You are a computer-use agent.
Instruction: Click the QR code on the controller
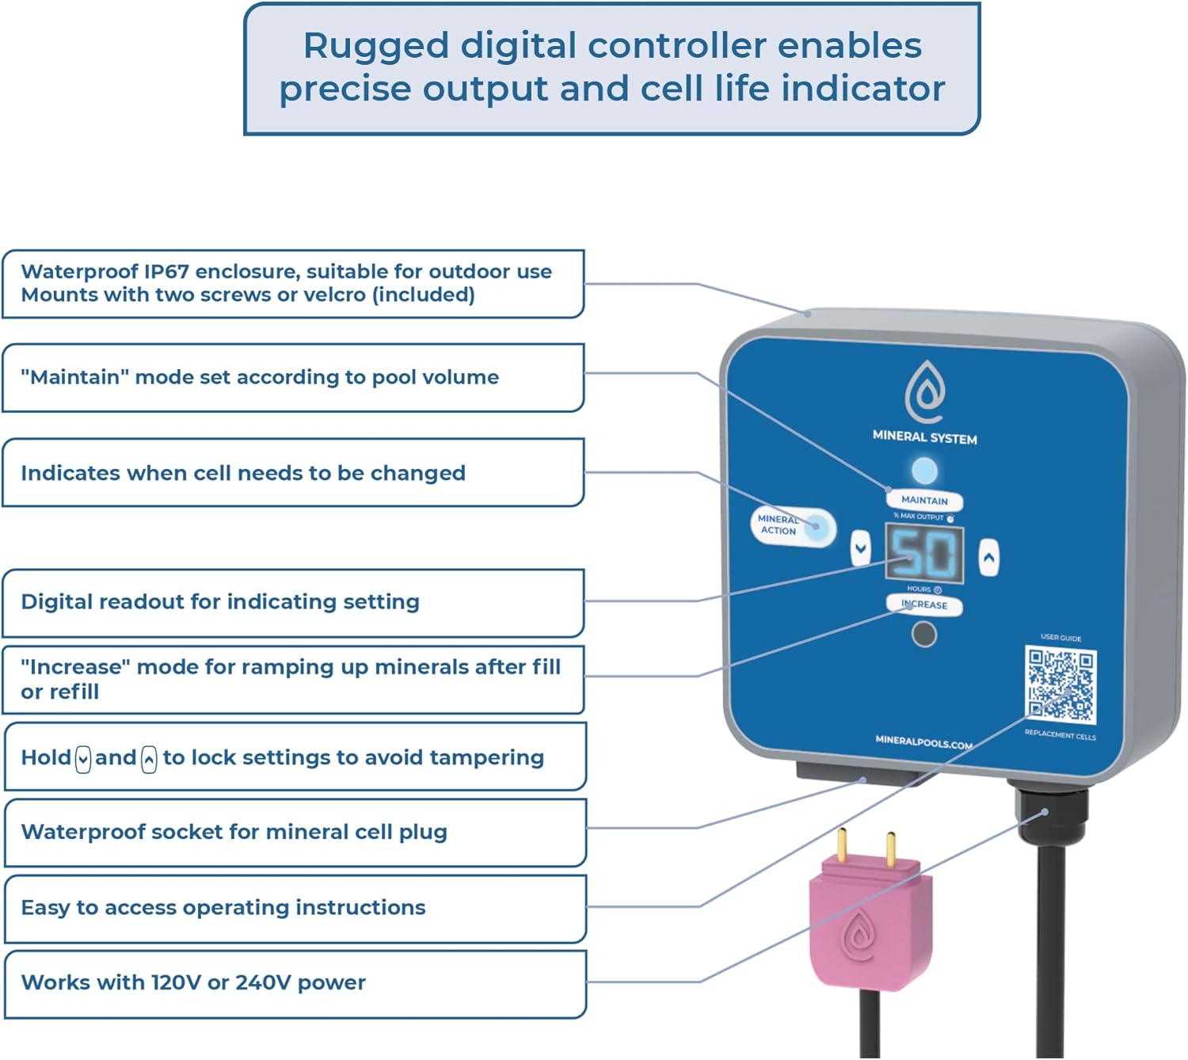pyautogui.click(x=1060, y=685)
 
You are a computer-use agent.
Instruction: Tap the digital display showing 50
pyautogui.click(x=924, y=552)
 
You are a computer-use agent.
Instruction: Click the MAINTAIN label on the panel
pyautogui.click(x=924, y=500)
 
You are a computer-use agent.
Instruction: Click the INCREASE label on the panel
pyautogui.click(x=924, y=604)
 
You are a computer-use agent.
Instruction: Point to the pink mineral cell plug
pyautogui.click(x=870, y=923)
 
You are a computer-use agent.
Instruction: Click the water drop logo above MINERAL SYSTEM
pyautogui.click(x=925, y=391)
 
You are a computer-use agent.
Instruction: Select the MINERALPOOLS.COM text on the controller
pyautogui.click(x=923, y=742)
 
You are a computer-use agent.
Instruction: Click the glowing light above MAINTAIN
pyautogui.click(x=924, y=471)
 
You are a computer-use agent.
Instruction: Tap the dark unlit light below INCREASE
pyautogui.click(x=924, y=635)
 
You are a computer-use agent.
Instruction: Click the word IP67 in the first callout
pyautogui.click(x=166, y=272)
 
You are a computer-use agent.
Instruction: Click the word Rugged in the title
pyautogui.click(x=375, y=46)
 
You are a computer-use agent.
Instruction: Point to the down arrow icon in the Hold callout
pyautogui.click(x=83, y=759)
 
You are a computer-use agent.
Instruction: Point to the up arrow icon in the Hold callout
pyautogui.click(x=149, y=759)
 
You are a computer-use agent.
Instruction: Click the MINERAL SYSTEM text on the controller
pyautogui.click(x=924, y=437)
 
